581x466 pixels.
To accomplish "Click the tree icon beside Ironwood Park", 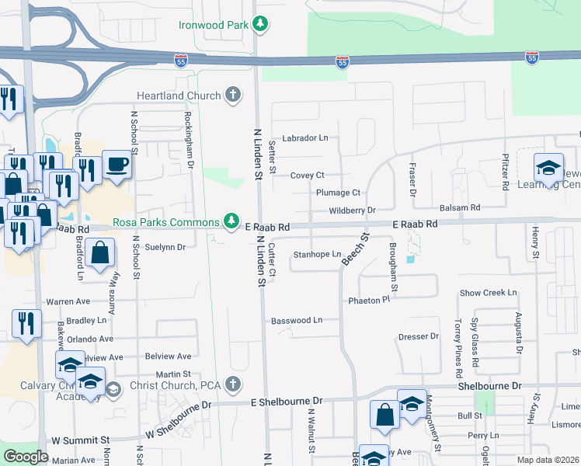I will [x=261, y=25].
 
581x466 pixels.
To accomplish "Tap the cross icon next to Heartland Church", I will [x=231, y=96].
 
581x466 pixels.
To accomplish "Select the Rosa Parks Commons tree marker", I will [x=231, y=222].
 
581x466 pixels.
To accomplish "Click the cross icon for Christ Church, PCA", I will [x=231, y=384].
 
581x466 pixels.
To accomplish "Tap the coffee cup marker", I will [x=117, y=165].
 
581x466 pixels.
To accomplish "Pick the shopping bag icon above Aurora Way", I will [x=100, y=253].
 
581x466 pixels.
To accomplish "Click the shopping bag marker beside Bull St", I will [x=385, y=415].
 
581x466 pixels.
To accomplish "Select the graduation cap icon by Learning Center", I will [x=548, y=168].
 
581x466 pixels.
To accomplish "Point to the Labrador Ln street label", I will [x=304, y=137].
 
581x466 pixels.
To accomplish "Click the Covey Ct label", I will [x=307, y=176].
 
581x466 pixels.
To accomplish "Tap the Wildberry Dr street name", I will [x=352, y=210].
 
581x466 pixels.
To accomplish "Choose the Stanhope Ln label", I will [x=317, y=254].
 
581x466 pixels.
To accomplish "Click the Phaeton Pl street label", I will [x=368, y=300].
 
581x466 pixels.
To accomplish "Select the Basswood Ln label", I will [x=296, y=320].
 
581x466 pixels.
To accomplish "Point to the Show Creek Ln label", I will [x=488, y=293].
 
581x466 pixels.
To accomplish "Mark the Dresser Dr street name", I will [x=418, y=336].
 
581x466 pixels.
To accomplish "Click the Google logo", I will [x=26, y=457].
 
